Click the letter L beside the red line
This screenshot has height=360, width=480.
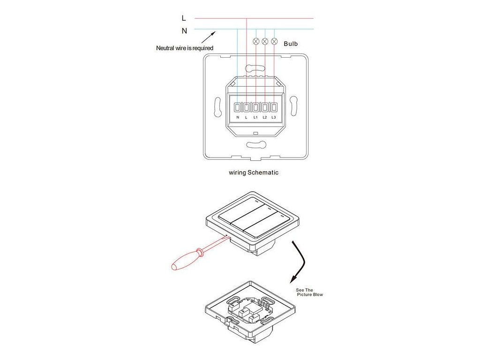pos(184,18)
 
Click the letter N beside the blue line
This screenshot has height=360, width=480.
pos(184,31)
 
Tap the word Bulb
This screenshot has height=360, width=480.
pos(291,44)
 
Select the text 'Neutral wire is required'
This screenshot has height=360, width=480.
pos(185,48)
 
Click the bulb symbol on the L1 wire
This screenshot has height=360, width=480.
pos(256,41)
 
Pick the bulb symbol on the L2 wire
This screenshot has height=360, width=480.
pos(265,41)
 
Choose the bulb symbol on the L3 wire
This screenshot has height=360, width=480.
pos(274,41)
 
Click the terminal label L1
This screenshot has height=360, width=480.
pos(255,117)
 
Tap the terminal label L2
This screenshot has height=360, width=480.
pos(265,117)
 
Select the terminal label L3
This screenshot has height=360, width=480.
pos(274,117)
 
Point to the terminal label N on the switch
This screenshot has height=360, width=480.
pos(238,117)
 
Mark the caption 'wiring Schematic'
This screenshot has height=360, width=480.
pos(254,172)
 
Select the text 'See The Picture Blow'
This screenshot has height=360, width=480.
pos(309,292)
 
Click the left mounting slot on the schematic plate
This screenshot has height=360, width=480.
pos(217,107)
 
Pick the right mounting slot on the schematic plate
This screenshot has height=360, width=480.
pos(293,107)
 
